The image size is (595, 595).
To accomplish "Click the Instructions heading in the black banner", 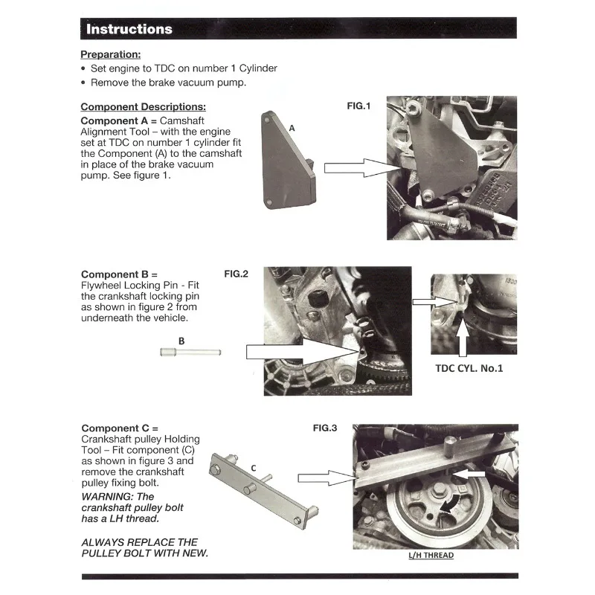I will tap(129, 30).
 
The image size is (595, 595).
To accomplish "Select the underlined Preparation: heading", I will tap(110, 54).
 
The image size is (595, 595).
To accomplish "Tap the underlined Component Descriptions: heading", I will tap(143, 106).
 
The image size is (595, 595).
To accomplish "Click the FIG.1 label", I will tap(358, 106).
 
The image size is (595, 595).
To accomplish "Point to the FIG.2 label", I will tap(236, 274).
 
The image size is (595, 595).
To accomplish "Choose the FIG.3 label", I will tap(325, 428).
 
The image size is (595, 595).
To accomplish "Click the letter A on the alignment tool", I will tap(292, 128).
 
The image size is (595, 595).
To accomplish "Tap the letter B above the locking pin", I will tap(181, 341).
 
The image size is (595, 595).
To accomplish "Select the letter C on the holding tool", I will tap(254, 468).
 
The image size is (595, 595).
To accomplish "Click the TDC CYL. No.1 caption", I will tap(469, 368).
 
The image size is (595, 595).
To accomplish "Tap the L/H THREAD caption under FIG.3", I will tap(431, 555).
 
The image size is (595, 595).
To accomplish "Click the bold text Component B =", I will tap(119, 274).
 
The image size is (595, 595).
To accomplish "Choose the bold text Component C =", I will tap(120, 428).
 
